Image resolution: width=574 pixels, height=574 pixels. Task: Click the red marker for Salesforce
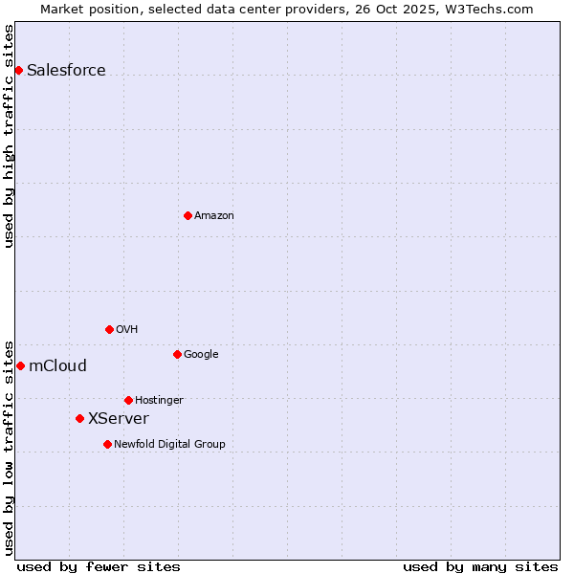(18, 70)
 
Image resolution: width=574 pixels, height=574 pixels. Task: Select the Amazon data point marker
(188, 215)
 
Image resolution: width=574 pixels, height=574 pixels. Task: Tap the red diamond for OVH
(109, 329)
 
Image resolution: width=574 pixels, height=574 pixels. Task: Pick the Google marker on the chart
(177, 354)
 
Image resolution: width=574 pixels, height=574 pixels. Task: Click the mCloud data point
(20, 365)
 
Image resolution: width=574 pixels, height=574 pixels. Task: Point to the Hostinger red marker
(128, 400)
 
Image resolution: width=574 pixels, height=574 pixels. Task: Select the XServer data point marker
(79, 418)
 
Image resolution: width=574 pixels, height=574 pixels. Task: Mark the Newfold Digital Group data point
(107, 444)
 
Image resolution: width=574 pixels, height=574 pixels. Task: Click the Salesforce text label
(66, 70)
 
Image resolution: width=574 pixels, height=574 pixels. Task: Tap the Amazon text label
(214, 215)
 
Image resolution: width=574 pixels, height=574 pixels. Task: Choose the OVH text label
(127, 329)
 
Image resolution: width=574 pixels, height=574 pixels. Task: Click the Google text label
(201, 354)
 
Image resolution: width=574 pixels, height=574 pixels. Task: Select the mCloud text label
(57, 365)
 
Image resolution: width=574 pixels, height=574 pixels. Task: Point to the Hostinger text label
(159, 400)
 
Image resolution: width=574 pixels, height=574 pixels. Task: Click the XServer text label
(119, 418)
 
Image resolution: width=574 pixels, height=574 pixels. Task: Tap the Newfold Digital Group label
(169, 444)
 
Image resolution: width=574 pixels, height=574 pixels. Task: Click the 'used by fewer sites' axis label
(99, 566)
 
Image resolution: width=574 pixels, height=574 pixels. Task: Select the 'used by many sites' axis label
(480, 566)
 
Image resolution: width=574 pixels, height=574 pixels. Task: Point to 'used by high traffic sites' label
(10, 136)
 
